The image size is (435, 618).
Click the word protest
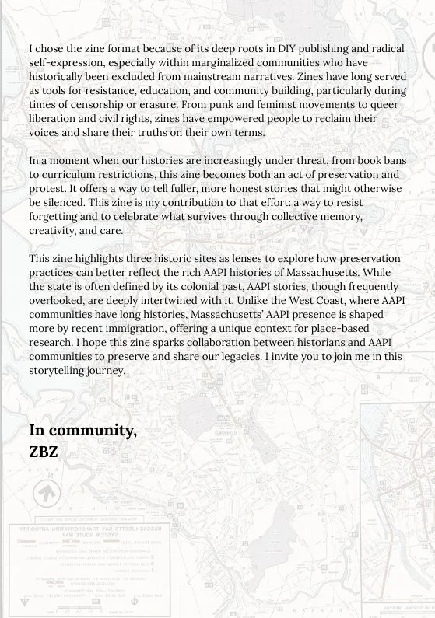(48, 188)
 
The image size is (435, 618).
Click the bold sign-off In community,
(82, 431)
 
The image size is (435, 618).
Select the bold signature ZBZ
(44, 452)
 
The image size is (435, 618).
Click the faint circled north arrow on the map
(47, 493)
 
